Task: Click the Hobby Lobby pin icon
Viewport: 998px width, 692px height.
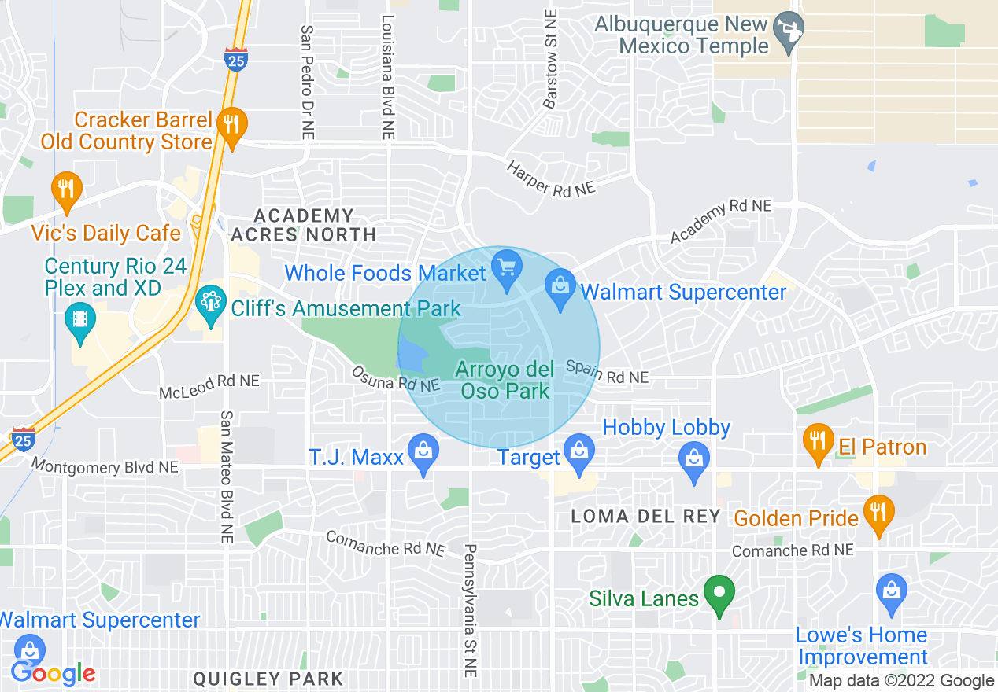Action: (x=694, y=458)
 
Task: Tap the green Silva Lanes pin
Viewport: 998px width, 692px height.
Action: (x=718, y=594)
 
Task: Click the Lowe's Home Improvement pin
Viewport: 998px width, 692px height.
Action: (x=891, y=593)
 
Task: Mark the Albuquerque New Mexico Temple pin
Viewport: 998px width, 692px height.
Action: (x=788, y=31)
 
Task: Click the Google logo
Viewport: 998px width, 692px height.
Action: (x=54, y=673)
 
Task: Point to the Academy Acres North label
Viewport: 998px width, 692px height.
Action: (x=304, y=225)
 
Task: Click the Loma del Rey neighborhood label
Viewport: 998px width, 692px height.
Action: (x=645, y=517)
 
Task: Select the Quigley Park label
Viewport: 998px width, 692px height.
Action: (x=268, y=679)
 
